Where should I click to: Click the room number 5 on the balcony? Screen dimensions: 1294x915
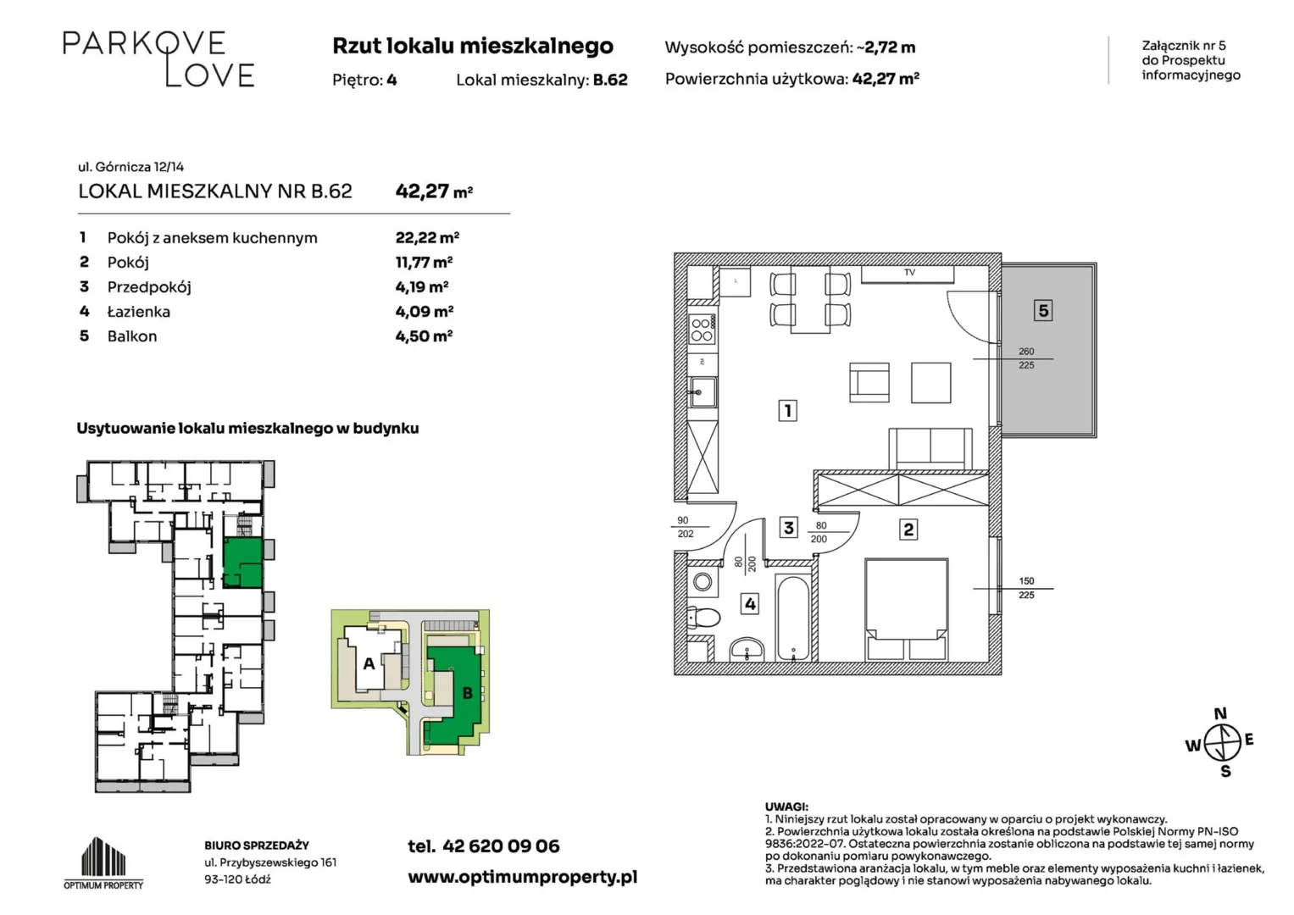click(x=1042, y=311)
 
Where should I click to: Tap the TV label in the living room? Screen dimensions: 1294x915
click(x=909, y=272)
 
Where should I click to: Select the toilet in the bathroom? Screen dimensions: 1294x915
click(x=703, y=618)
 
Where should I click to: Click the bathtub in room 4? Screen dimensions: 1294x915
click(x=793, y=617)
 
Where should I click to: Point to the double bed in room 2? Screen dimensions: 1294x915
click(x=906, y=609)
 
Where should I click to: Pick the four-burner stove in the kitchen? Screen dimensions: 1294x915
click(x=702, y=330)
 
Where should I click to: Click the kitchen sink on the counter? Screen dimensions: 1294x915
click(x=703, y=392)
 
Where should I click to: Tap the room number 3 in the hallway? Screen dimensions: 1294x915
click(x=789, y=527)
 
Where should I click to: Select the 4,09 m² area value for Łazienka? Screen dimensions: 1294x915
click(x=424, y=312)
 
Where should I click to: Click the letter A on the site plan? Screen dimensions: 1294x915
click(x=369, y=663)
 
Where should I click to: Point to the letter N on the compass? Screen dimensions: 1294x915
click(x=1220, y=714)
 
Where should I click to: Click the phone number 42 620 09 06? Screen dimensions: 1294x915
click(x=501, y=846)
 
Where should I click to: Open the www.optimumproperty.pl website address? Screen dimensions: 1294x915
click(x=522, y=878)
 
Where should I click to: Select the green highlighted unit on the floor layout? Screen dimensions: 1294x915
click(x=242, y=563)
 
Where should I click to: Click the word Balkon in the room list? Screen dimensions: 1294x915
click(x=131, y=336)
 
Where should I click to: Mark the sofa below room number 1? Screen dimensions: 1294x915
click(x=930, y=449)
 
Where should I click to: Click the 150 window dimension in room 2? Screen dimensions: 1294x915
click(x=1026, y=581)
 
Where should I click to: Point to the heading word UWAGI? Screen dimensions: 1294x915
click(x=786, y=807)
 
